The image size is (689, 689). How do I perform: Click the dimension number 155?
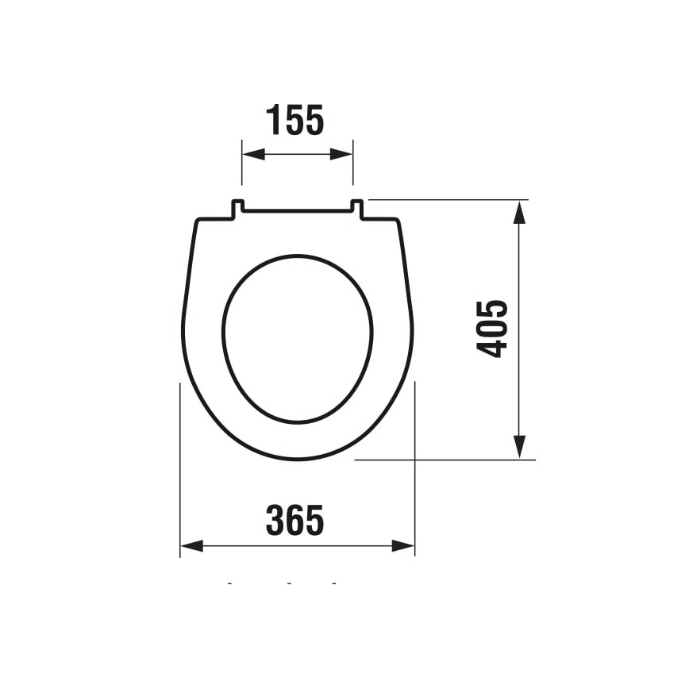[x=295, y=121]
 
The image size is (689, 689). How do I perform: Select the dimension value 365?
[x=295, y=521]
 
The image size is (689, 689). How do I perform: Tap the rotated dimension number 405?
[x=493, y=329]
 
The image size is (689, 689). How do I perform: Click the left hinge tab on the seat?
[x=237, y=208]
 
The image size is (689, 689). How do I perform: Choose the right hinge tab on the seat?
[x=356, y=208]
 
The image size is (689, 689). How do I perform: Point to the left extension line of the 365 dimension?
[x=180, y=468]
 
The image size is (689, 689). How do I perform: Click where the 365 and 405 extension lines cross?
[x=415, y=460]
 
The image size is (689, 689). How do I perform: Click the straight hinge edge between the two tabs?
[x=297, y=212]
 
